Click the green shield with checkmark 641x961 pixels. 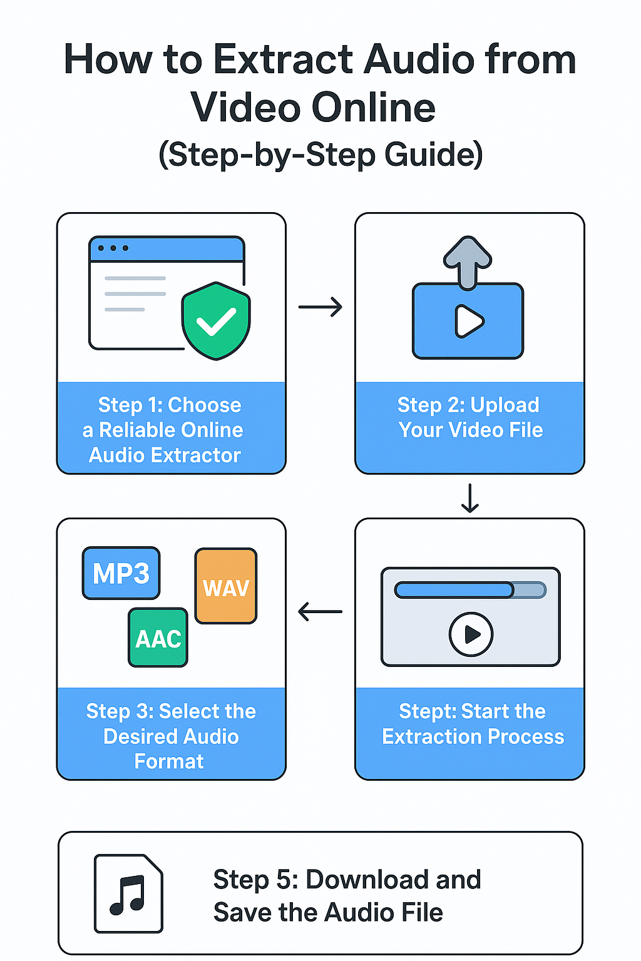(x=216, y=321)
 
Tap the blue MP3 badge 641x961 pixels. (x=121, y=573)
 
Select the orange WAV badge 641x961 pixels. (x=226, y=587)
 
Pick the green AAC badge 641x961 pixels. (x=158, y=638)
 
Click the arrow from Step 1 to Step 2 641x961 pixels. (x=320, y=307)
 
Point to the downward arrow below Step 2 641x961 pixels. (x=469, y=498)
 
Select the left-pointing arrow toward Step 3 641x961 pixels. (x=320, y=611)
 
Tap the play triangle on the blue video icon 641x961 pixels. (x=469, y=322)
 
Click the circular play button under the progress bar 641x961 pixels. (x=471, y=634)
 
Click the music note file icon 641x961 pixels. (x=128, y=893)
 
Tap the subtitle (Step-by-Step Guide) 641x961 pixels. (x=320, y=155)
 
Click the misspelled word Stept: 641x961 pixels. (x=428, y=711)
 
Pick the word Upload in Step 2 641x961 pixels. (x=504, y=405)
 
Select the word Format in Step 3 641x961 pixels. (x=169, y=761)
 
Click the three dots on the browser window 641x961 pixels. (x=113, y=248)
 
